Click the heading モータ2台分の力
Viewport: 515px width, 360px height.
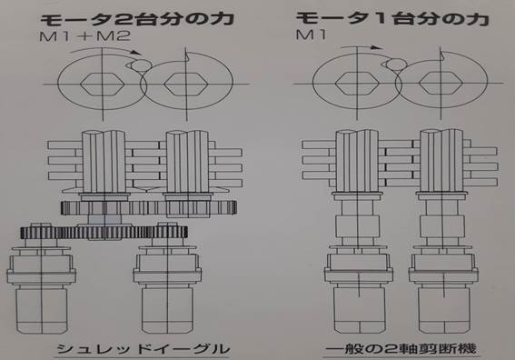(x=137, y=19)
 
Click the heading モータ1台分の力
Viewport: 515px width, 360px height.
(x=392, y=18)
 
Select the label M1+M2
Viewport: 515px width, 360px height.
(x=84, y=35)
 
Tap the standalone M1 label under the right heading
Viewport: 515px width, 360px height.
(x=311, y=35)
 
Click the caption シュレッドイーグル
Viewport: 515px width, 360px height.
(x=144, y=349)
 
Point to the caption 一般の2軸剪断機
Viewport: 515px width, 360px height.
(x=401, y=349)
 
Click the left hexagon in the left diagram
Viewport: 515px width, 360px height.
(x=103, y=85)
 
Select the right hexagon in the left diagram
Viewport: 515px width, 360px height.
(x=185, y=85)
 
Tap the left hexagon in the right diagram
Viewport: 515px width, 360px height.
(x=357, y=83)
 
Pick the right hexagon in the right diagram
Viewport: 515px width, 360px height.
(x=441, y=83)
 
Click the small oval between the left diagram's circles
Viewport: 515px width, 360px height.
(x=141, y=65)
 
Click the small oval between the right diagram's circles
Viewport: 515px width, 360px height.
(x=396, y=65)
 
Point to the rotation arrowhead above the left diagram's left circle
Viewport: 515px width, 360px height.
(x=136, y=53)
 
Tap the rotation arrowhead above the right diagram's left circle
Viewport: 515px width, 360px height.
(x=376, y=47)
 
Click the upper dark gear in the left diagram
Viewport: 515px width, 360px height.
(x=148, y=208)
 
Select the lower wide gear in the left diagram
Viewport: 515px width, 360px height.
(x=104, y=233)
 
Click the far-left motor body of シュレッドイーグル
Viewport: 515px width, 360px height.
(x=42, y=309)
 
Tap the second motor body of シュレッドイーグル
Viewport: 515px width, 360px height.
(x=167, y=309)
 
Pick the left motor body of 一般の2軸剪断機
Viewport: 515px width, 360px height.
(x=360, y=309)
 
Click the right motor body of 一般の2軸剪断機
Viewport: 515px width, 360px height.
(x=443, y=309)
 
